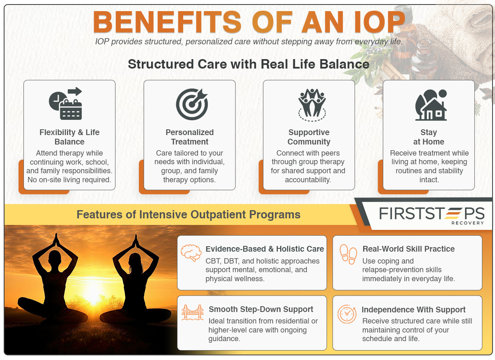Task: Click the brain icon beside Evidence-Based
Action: (x=191, y=252)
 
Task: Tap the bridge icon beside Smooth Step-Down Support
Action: (x=193, y=312)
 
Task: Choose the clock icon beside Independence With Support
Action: (x=347, y=314)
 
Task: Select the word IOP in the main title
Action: (x=372, y=22)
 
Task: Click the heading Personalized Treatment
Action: (x=190, y=137)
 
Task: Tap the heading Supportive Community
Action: (x=309, y=137)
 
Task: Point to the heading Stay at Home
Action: (x=429, y=137)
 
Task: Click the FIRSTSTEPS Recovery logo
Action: (x=431, y=215)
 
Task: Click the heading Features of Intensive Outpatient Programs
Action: (x=189, y=215)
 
